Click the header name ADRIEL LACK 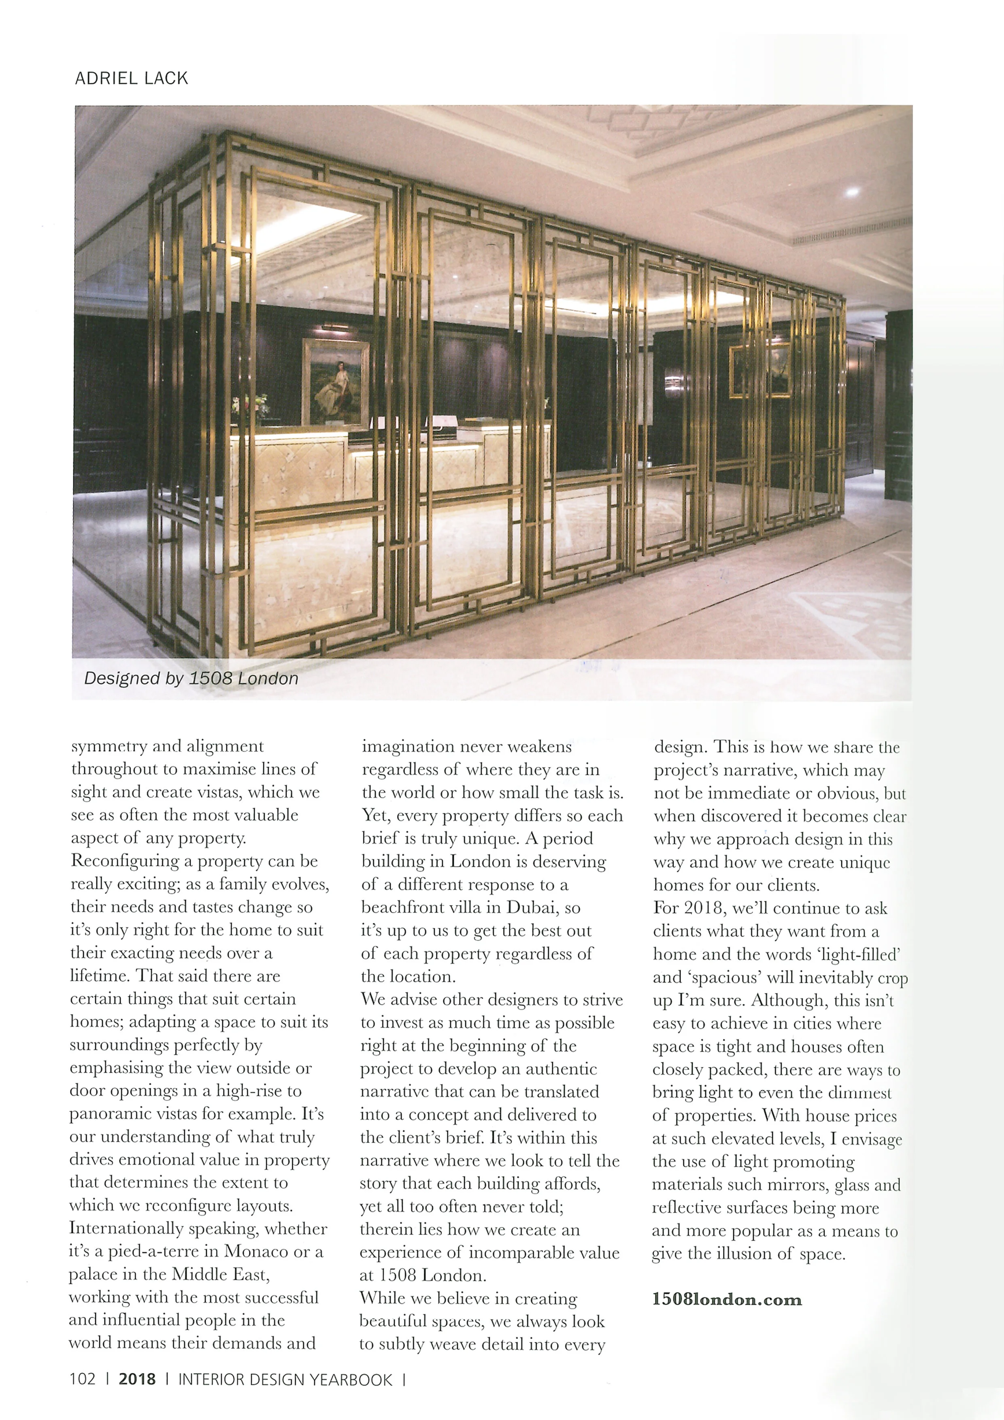coord(131,79)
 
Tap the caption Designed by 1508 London coord(191,678)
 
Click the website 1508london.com coord(727,1299)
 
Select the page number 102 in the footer coord(82,1379)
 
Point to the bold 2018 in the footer coord(137,1379)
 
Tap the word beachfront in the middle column coord(408,907)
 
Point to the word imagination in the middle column coord(411,746)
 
